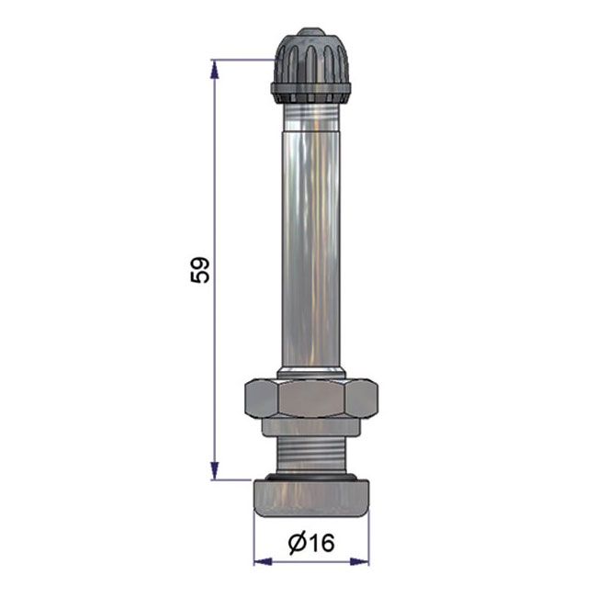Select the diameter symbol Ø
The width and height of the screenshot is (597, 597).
[x=298, y=544]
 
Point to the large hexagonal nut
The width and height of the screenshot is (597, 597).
[x=310, y=398]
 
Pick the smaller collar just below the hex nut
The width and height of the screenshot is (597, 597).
[x=310, y=427]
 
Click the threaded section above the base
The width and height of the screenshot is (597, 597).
[x=310, y=454]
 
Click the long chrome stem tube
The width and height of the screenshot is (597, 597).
[x=310, y=239]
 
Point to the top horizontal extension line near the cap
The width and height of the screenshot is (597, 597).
[x=243, y=61]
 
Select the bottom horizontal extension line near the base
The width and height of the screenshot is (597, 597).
[x=234, y=479]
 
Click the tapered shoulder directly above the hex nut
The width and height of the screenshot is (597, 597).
[x=310, y=372]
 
